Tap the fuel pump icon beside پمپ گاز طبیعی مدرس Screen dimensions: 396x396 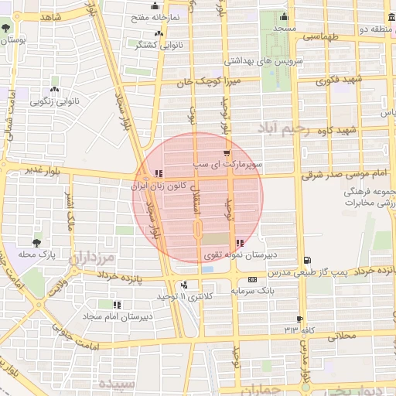point(309,259)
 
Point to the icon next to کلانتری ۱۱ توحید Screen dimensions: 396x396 point(184,285)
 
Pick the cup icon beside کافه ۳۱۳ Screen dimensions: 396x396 point(299,319)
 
